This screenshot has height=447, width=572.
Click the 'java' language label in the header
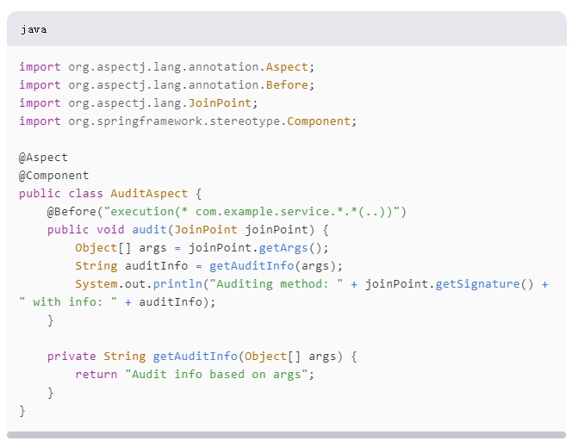(34, 29)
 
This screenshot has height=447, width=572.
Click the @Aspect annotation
(43, 158)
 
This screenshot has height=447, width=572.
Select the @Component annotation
(53, 176)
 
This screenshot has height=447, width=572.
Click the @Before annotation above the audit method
(74, 212)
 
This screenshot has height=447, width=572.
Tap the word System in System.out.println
(95, 284)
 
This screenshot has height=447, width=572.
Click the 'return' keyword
(96, 374)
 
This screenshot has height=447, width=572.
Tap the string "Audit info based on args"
(219, 374)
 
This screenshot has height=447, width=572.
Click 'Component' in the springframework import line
(320, 121)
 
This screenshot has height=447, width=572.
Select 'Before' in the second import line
(288, 85)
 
